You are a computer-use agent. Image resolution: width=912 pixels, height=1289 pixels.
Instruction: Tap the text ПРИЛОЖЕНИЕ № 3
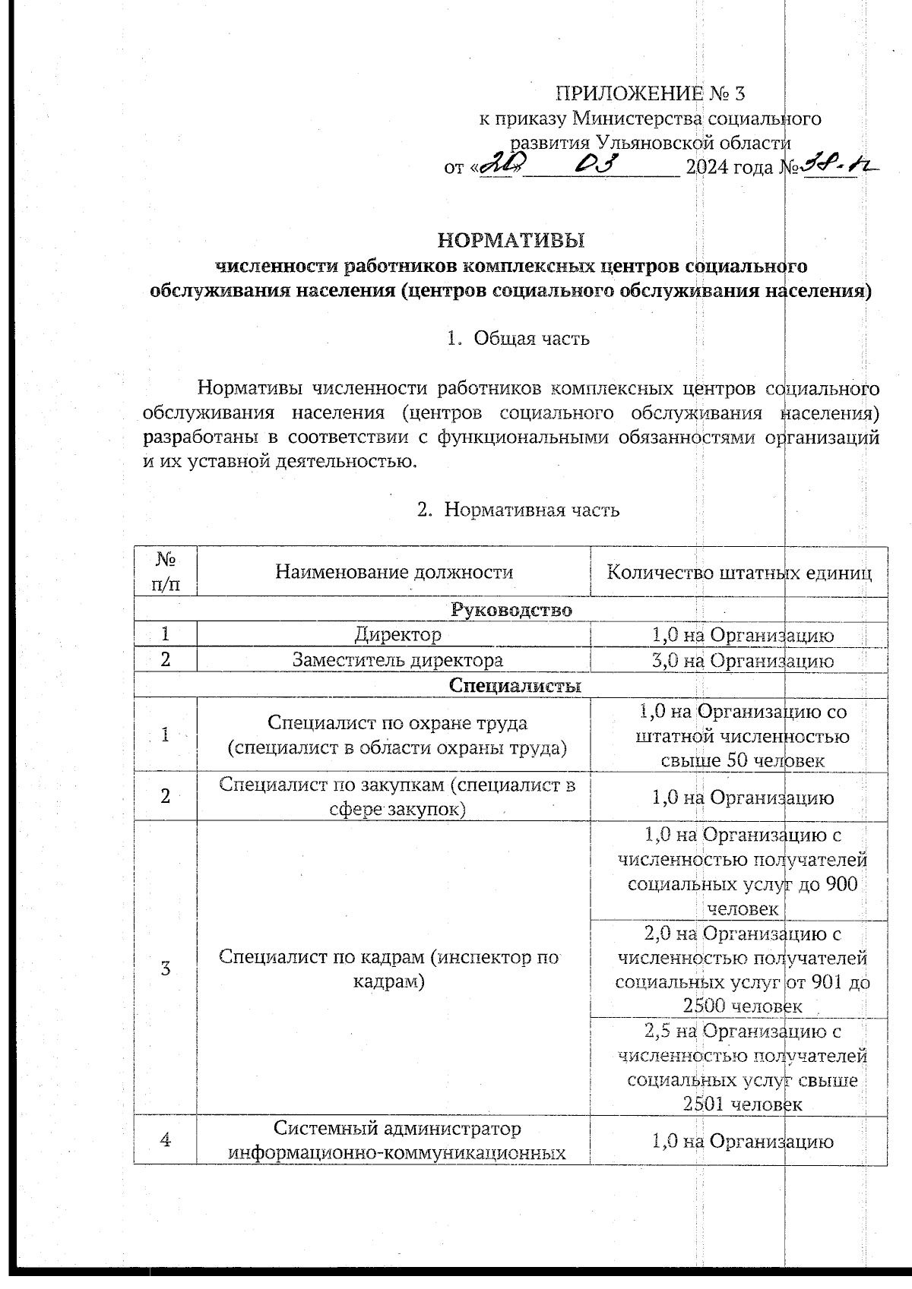[x=651, y=94]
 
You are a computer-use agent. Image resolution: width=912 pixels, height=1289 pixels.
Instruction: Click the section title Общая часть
[x=531, y=339]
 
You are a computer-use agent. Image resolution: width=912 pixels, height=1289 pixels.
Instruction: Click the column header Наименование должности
[x=394, y=572]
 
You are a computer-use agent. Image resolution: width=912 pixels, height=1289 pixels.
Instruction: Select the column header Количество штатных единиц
[x=739, y=572]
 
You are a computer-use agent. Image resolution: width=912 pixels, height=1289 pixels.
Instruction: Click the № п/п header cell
[x=166, y=572]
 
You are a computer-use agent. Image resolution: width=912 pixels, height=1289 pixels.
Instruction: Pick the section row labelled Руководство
[x=511, y=610]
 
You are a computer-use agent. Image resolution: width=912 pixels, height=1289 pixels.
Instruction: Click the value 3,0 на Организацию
[x=743, y=661]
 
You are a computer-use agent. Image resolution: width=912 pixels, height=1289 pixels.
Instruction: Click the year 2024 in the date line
[x=707, y=168]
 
